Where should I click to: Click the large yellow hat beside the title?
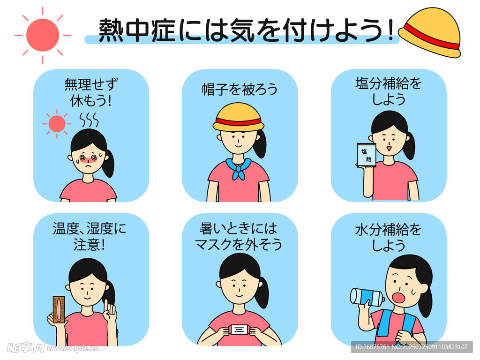pyautogui.click(x=430, y=32)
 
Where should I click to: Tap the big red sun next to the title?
pyautogui.click(x=43, y=35)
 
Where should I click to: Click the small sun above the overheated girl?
pyautogui.click(x=57, y=124)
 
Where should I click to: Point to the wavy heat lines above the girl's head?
pyautogui.click(x=89, y=120)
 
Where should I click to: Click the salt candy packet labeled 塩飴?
pyautogui.click(x=367, y=155)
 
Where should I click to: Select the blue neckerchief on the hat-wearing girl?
pyautogui.click(x=239, y=168)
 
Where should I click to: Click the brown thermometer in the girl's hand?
pyautogui.click(x=59, y=309)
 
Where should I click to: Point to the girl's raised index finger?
pyautogui.click(x=106, y=306)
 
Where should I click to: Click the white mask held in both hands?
pyautogui.click(x=240, y=330)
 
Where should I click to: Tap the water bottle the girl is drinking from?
pyautogui.click(x=367, y=297)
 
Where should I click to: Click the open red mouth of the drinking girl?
pyautogui.click(x=399, y=298)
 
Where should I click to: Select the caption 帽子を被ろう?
pyautogui.click(x=240, y=90)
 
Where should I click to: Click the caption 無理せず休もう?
pyautogui.click(x=91, y=92)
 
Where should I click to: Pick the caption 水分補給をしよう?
pyautogui.click(x=389, y=238)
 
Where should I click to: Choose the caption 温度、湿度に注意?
pyautogui.click(x=90, y=237)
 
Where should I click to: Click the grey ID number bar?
pyautogui.click(x=412, y=347)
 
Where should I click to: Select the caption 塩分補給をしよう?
pyautogui.click(x=389, y=91)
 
